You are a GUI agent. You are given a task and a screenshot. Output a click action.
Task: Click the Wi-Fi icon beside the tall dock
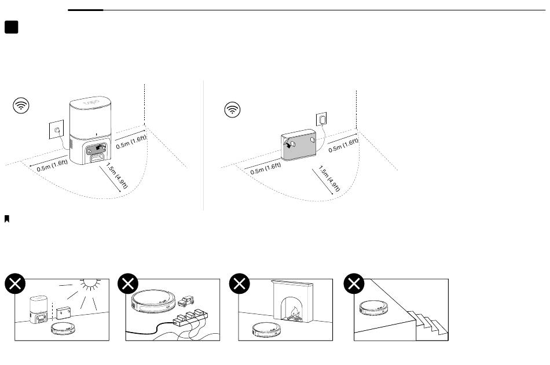21,106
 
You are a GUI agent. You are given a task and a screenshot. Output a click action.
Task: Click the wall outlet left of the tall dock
56,130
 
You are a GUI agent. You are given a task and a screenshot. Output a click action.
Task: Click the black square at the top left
12,27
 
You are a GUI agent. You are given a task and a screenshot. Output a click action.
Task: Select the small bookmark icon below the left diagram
7,219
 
